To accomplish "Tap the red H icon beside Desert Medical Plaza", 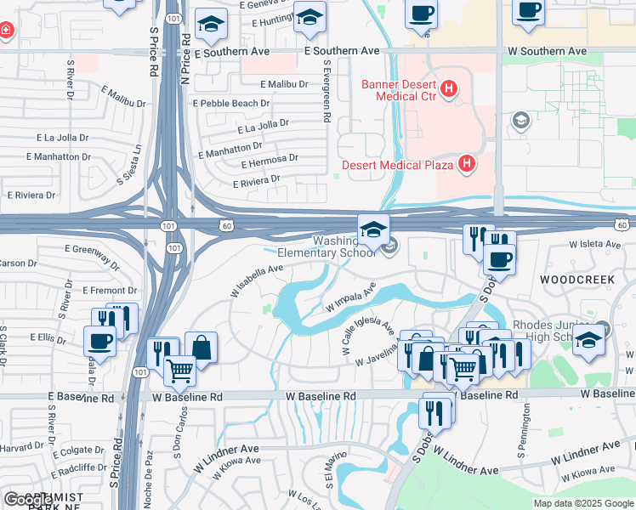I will click(x=466, y=163).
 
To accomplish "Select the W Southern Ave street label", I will click(x=547, y=52).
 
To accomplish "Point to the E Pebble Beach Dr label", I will click(x=231, y=103).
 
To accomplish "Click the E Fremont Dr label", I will click(x=110, y=291).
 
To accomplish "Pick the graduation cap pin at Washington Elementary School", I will click(x=372, y=229).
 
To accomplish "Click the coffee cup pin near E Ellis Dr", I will click(x=99, y=341).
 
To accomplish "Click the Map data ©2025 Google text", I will click(x=582, y=503).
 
